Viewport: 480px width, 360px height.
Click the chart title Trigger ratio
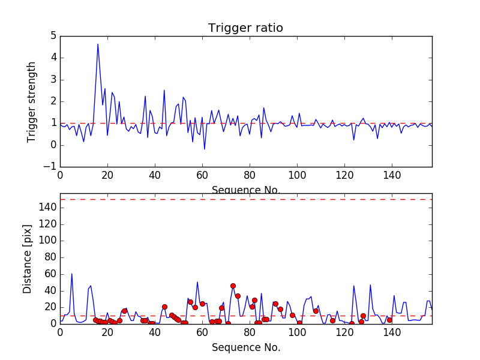click(x=245, y=28)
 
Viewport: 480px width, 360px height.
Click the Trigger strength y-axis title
click(x=32, y=101)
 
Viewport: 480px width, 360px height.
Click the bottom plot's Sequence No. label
click(x=245, y=347)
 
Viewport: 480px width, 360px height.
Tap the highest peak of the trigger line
click(x=98, y=44)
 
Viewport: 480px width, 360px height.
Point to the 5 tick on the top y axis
click(x=53, y=36)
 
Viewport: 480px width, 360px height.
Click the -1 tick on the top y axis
click(x=50, y=167)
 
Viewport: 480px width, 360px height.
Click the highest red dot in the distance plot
click(x=233, y=286)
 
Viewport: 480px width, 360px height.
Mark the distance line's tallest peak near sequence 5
click(x=72, y=274)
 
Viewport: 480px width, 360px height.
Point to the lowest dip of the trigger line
click(x=205, y=149)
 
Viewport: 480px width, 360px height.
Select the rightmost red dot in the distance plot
click(x=389, y=320)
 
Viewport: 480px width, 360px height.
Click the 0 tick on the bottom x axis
click(x=60, y=332)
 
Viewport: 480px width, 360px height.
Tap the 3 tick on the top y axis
click(x=53, y=80)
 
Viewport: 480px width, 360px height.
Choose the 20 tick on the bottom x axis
click(x=107, y=332)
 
